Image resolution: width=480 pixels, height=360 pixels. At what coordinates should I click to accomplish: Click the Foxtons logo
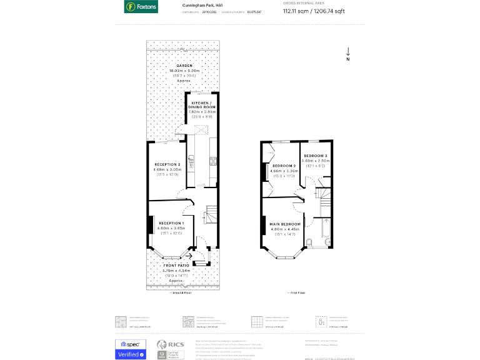point(141,7)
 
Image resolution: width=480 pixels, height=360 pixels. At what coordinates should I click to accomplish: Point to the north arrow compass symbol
point(348,54)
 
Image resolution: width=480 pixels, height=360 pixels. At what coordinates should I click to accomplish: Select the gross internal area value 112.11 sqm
point(295,11)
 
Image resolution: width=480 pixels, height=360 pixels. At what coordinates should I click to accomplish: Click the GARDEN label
point(184,66)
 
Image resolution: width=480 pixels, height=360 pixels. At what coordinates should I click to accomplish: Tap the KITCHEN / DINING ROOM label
point(202,104)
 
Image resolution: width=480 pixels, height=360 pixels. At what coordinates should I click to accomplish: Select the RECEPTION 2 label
point(167,164)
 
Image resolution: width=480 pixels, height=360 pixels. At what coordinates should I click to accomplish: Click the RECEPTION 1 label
point(171,223)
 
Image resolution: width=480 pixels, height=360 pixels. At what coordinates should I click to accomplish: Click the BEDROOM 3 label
point(316,156)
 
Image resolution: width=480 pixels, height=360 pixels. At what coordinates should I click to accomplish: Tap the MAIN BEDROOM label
point(284,224)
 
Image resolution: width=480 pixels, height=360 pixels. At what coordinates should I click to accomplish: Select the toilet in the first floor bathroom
point(309,242)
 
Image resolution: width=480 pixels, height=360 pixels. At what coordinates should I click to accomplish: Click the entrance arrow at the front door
point(189,256)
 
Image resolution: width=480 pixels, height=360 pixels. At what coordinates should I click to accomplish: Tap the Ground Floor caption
point(181,292)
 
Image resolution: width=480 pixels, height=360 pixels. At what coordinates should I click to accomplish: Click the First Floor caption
point(296,292)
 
